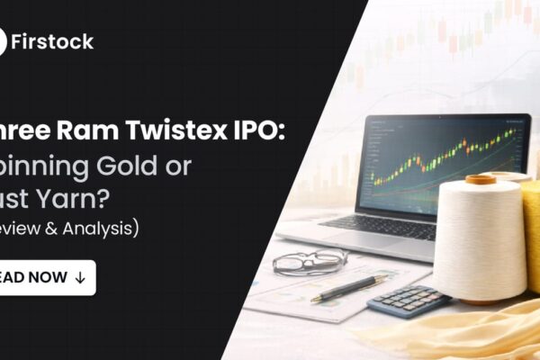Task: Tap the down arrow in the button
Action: [80, 277]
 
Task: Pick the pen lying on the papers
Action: [347, 288]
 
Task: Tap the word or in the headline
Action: [185, 166]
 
